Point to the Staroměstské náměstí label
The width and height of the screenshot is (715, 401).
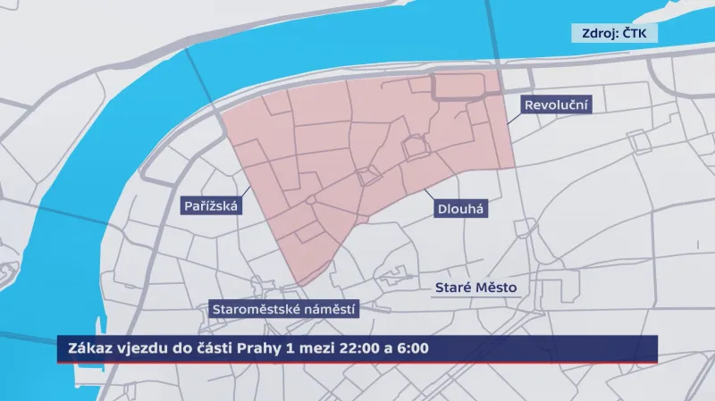point(284,310)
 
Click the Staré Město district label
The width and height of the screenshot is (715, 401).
point(475,288)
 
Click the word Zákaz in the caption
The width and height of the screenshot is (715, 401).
point(82,347)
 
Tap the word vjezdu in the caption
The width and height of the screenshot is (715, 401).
point(135,347)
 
